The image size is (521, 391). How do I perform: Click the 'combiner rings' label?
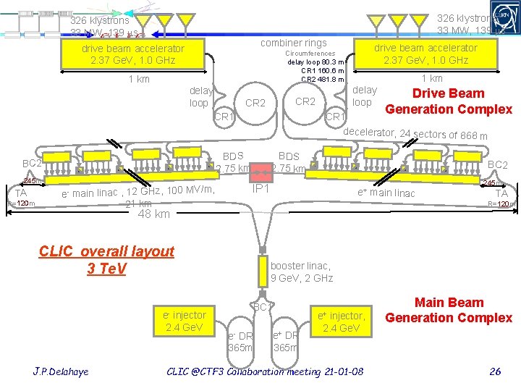point(294,43)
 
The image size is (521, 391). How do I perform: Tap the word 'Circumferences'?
point(311,54)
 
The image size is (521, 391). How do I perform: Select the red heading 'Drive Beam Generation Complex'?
point(449,101)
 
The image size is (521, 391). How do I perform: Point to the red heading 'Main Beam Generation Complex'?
point(449,310)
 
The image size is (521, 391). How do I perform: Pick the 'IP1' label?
point(260,188)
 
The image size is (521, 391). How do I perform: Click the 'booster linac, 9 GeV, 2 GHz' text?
point(301,272)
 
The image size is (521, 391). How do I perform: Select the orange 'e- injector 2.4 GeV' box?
point(185,321)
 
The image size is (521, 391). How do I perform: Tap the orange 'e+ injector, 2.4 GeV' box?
point(342,321)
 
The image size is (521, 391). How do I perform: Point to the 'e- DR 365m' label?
point(240,341)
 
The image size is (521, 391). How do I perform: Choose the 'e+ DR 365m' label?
point(286,341)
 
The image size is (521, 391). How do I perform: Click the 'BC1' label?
point(261,307)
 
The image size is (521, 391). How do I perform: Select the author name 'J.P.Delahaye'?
point(62,371)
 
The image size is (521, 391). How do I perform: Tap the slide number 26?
point(495,371)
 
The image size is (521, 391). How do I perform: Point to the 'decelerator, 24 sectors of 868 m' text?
point(415,134)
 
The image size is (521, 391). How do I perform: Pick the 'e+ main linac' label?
point(386,193)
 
